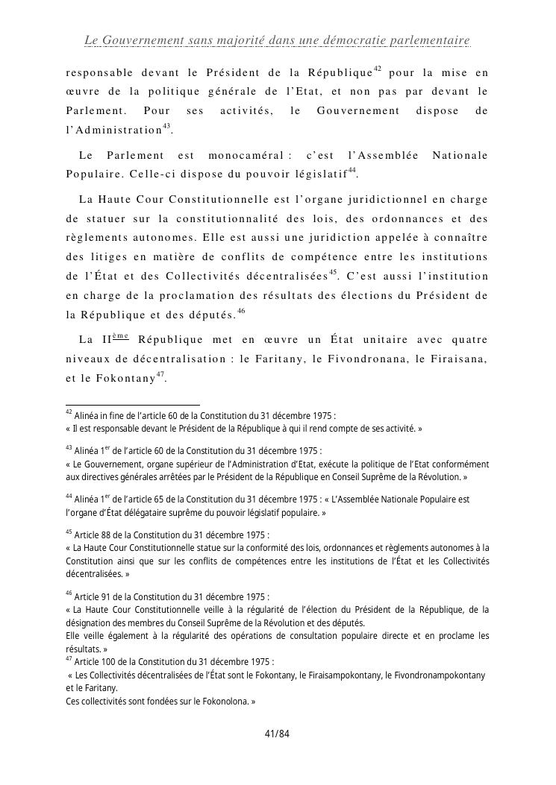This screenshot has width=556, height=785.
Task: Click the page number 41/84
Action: pos(277,734)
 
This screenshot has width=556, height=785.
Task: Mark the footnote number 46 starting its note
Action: pos(69,594)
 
